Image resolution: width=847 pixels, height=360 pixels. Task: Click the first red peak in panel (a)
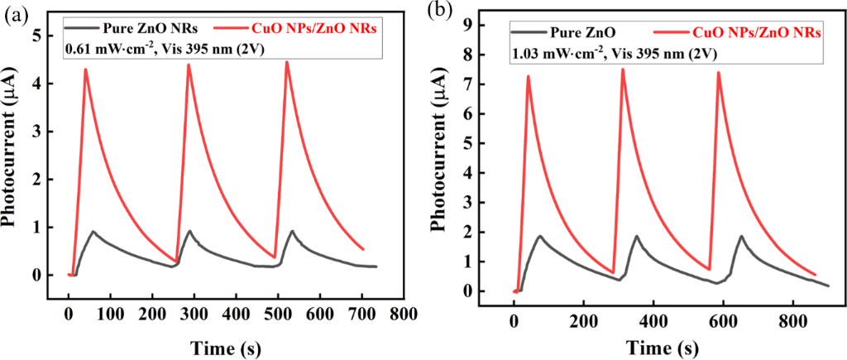click(x=84, y=70)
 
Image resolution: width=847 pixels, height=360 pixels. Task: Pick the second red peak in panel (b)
click(x=622, y=70)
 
